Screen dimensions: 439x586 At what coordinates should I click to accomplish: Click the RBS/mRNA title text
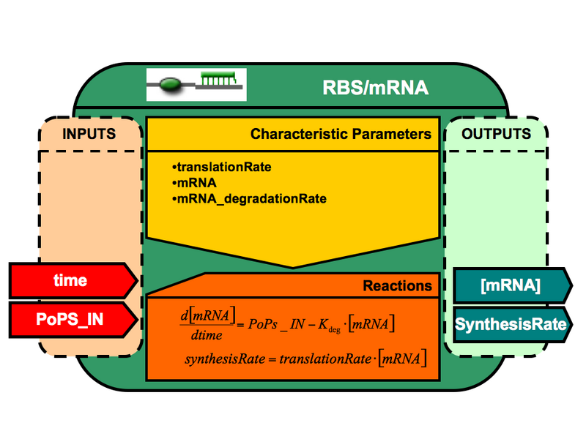(376, 89)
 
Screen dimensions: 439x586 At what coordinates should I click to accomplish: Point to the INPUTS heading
(89, 135)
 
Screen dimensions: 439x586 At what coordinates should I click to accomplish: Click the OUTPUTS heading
(496, 135)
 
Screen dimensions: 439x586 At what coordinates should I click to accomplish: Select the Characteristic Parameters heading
(341, 135)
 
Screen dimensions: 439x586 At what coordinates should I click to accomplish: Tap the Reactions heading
(397, 285)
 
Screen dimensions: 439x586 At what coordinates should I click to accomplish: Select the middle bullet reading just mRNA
(192, 183)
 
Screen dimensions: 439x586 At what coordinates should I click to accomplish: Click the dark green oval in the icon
(171, 85)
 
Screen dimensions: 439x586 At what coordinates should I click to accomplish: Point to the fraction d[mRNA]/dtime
(208, 324)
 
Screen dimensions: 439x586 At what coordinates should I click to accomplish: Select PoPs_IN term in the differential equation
(285, 323)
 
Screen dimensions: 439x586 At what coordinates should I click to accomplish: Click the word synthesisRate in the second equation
(220, 359)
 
